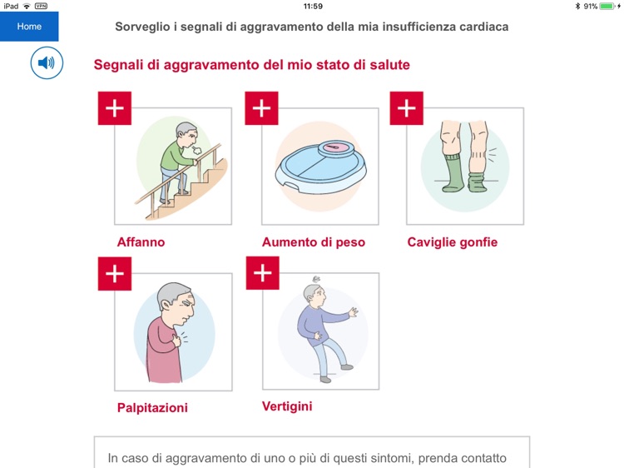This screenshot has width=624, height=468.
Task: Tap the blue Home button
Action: coord(29,27)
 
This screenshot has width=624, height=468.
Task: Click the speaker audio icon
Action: coord(47,63)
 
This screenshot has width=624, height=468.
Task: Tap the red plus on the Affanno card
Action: coord(115,108)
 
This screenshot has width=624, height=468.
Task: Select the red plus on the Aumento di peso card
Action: coord(262,108)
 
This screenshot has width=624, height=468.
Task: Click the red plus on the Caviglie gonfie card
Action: coord(407,108)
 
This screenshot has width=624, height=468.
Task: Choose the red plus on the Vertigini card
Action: coord(262,273)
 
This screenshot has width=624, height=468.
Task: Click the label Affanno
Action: coord(141,242)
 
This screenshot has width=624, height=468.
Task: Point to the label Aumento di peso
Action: coord(313,242)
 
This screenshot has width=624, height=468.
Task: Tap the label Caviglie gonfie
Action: coord(452,242)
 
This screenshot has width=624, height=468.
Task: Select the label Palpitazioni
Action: coord(152,408)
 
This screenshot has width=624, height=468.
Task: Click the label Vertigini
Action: coord(287,406)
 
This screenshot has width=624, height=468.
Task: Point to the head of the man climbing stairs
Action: coord(190,134)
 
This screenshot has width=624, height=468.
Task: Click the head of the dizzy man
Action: coord(314,293)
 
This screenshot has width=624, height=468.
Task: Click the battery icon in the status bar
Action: coord(607,6)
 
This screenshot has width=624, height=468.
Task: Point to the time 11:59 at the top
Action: coord(313,6)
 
